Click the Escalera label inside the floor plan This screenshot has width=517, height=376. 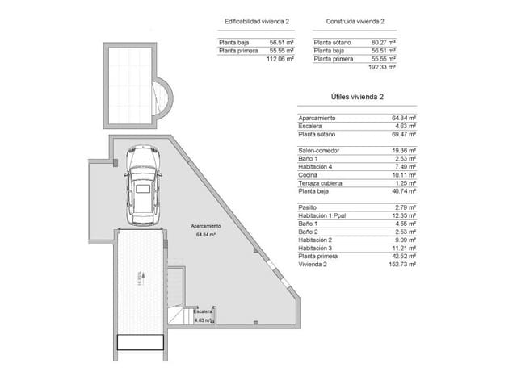pyautogui.click(x=203, y=311)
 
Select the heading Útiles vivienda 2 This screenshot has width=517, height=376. pyautogui.click(x=356, y=97)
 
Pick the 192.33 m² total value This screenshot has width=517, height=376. pyautogui.click(x=381, y=68)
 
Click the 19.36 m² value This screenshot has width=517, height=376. pyautogui.click(x=403, y=150)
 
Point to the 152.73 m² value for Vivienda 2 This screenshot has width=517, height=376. pyautogui.click(x=401, y=264)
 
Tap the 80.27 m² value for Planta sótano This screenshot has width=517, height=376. pyautogui.click(x=382, y=42)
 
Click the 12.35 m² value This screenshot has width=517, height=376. pyautogui.click(x=403, y=217)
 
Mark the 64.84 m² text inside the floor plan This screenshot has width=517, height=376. pyautogui.click(x=207, y=235)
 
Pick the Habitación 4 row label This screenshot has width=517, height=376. pyautogui.click(x=317, y=166)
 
